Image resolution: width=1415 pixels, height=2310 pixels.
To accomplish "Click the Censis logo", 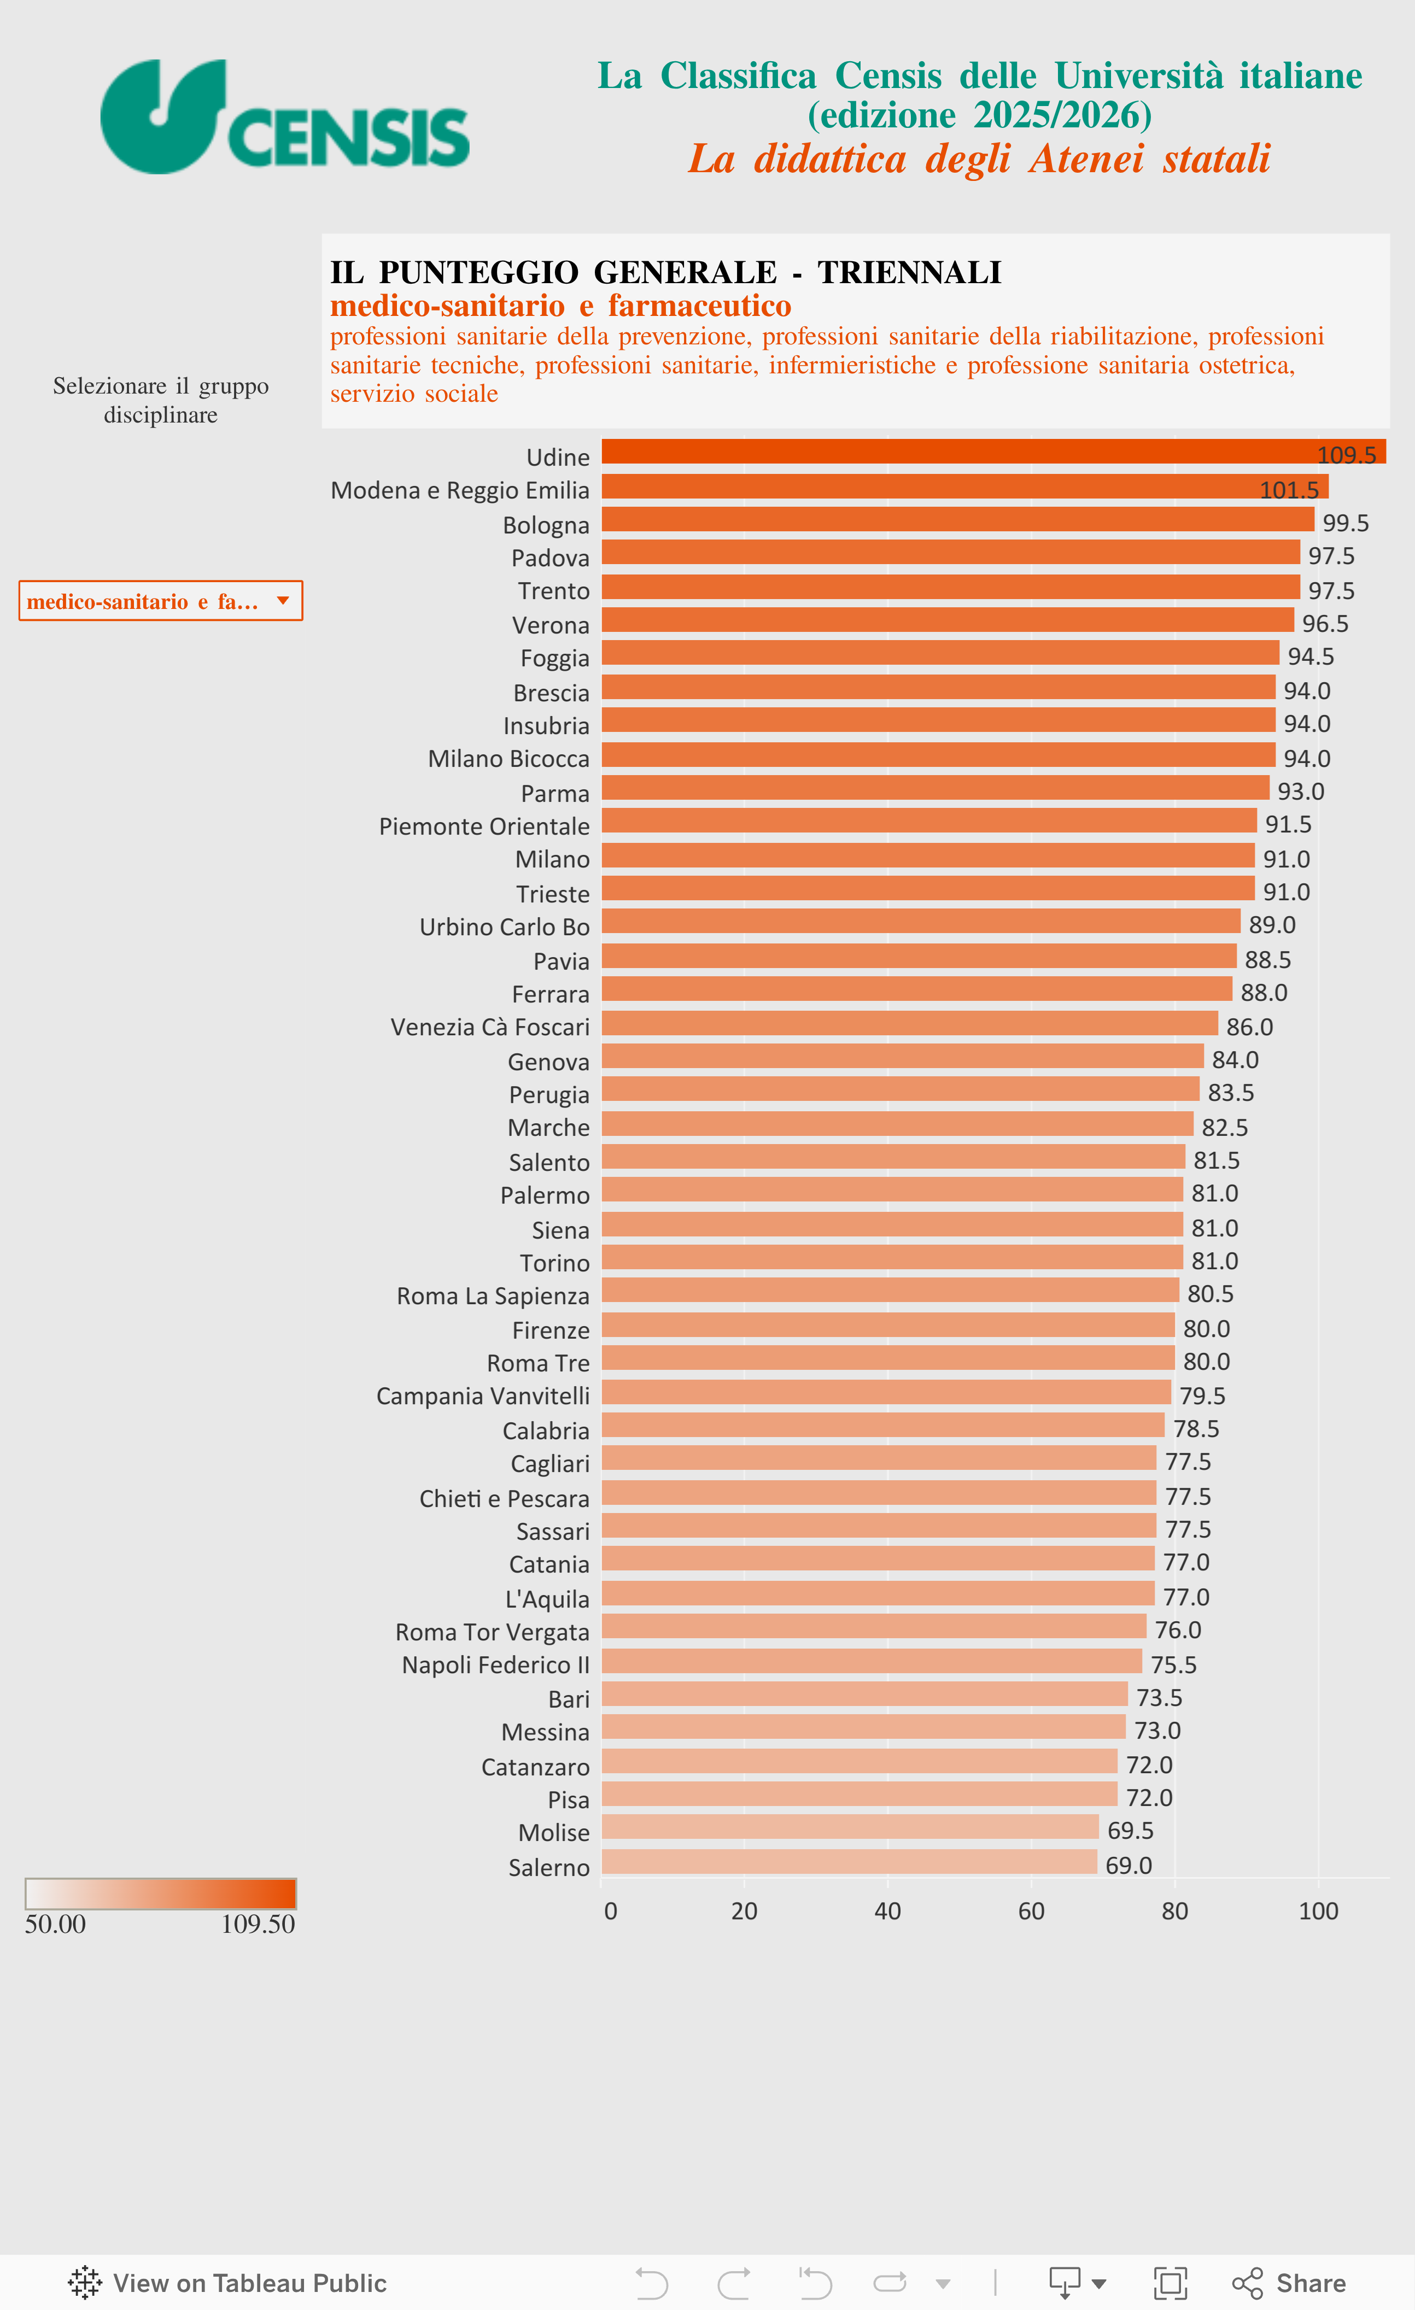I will (284, 117).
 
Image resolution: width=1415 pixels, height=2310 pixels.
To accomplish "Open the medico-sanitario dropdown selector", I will (160, 601).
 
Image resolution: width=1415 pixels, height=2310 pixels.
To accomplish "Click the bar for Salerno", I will (849, 1861).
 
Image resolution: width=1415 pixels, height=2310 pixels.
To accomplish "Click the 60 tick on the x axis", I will (1031, 1910).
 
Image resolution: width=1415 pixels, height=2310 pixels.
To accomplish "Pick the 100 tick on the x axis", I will (1318, 1910).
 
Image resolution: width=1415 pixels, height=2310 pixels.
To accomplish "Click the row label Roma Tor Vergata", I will (492, 1632).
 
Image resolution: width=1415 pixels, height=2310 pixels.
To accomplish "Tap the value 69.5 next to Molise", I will (1130, 1830).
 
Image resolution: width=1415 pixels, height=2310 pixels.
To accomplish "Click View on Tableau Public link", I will (228, 2283).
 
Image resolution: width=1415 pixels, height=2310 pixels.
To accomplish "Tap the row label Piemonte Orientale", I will (484, 826).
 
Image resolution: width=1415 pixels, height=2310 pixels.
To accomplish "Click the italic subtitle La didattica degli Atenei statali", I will (979, 159).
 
